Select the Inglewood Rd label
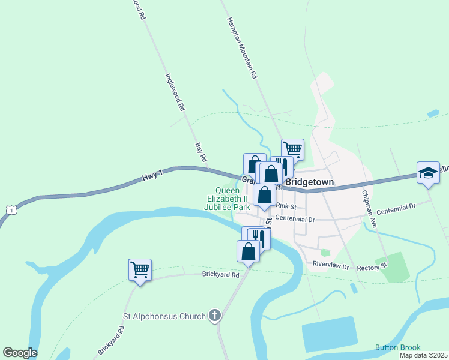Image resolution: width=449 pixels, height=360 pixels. click(x=175, y=93)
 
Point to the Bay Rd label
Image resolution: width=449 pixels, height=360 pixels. click(x=200, y=152)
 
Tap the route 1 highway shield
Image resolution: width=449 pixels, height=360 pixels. click(x=10, y=209)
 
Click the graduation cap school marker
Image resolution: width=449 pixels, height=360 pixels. click(x=428, y=173)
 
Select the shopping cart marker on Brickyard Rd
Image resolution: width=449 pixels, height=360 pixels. click(x=140, y=270)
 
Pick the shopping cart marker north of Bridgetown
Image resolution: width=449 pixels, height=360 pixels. click(x=292, y=149)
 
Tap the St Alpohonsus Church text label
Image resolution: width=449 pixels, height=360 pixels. click(x=164, y=316)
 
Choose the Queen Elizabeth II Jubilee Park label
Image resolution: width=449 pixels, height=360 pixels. click(x=228, y=199)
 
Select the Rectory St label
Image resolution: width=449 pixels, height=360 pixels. click(x=372, y=268)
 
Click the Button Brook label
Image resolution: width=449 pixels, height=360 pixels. click(x=398, y=347)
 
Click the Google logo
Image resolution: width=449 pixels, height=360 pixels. click(x=20, y=353)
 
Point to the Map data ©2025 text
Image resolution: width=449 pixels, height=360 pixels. click(x=423, y=355)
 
